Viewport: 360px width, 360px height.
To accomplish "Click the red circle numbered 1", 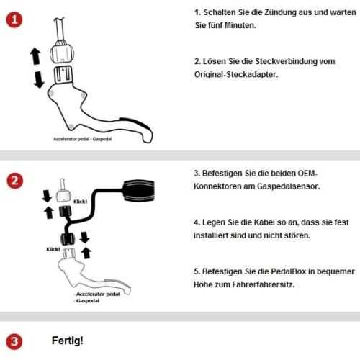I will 12,22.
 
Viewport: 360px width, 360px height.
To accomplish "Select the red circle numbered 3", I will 12,341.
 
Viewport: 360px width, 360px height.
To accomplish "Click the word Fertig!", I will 68,340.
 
